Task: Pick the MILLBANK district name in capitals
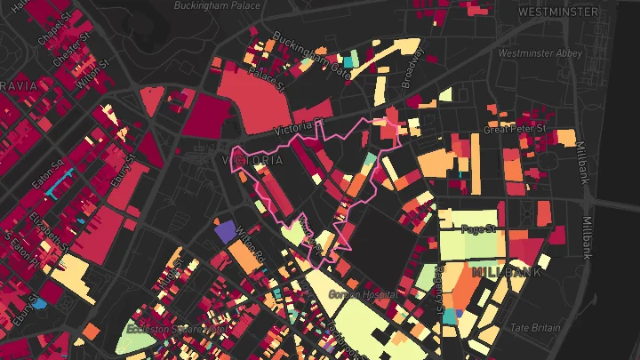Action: [x=507, y=271]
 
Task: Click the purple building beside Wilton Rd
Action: [x=226, y=232]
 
